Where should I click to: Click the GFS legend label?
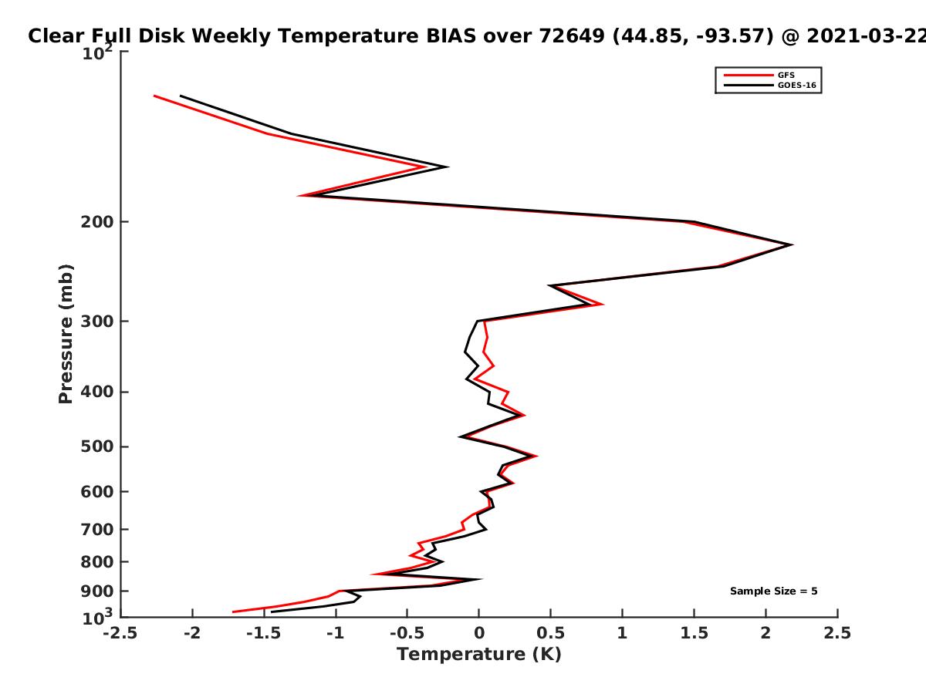(x=786, y=75)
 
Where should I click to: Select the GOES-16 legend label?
(x=796, y=85)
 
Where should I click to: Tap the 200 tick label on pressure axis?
(x=97, y=222)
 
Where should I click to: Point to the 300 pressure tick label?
(x=97, y=322)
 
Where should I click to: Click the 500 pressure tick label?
(x=97, y=446)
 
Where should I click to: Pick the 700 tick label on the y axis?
(x=97, y=530)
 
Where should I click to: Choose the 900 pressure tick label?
(x=97, y=591)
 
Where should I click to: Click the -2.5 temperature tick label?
(x=120, y=633)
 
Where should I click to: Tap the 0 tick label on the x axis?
(x=479, y=633)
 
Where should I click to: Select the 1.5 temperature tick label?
(x=694, y=633)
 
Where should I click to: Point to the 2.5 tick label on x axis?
(x=837, y=633)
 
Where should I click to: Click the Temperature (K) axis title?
(x=479, y=655)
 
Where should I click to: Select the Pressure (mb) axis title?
(x=66, y=334)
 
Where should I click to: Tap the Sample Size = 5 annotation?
(x=774, y=591)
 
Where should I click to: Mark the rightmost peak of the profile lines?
(x=792, y=244)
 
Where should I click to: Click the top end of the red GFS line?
(x=154, y=96)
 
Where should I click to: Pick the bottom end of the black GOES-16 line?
(x=272, y=611)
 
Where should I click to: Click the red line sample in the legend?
(x=749, y=75)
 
